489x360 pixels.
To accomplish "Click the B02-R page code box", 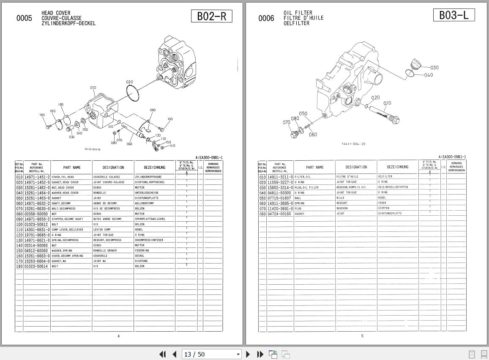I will point(211,16).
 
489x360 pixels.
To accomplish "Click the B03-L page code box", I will point(454,15).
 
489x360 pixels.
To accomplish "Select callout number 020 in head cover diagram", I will point(129,82).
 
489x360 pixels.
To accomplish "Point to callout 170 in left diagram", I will point(61,104).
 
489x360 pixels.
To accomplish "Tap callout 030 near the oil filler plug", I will point(434,68).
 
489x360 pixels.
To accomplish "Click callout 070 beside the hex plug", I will point(286,122).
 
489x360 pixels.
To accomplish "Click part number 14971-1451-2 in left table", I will point(37,177).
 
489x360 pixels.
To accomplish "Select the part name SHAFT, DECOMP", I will point(62,203).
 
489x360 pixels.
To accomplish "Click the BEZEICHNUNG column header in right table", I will point(397,167).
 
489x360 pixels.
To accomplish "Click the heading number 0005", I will point(24,18).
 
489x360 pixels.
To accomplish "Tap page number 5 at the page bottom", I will point(362,336).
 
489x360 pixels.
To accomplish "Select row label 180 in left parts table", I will point(19,266).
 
